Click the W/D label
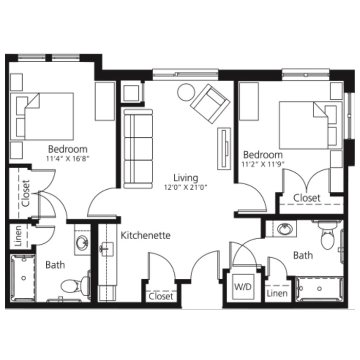(x=243, y=286)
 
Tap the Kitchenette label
(x=146, y=236)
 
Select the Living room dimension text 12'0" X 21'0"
(x=186, y=187)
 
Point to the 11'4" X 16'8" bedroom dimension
(x=68, y=158)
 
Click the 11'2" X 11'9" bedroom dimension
(x=263, y=164)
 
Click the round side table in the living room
(x=186, y=92)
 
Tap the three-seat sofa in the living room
(x=138, y=149)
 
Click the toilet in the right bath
(x=327, y=236)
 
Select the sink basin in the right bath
(x=285, y=229)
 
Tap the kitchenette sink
(x=106, y=249)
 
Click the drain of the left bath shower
(x=24, y=278)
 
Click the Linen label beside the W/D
(x=277, y=293)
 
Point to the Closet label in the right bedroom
(x=307, y=198)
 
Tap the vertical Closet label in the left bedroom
(x=25, y=193)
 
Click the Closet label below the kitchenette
(x=160, y=296)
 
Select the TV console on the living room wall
(x=224, y=149)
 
